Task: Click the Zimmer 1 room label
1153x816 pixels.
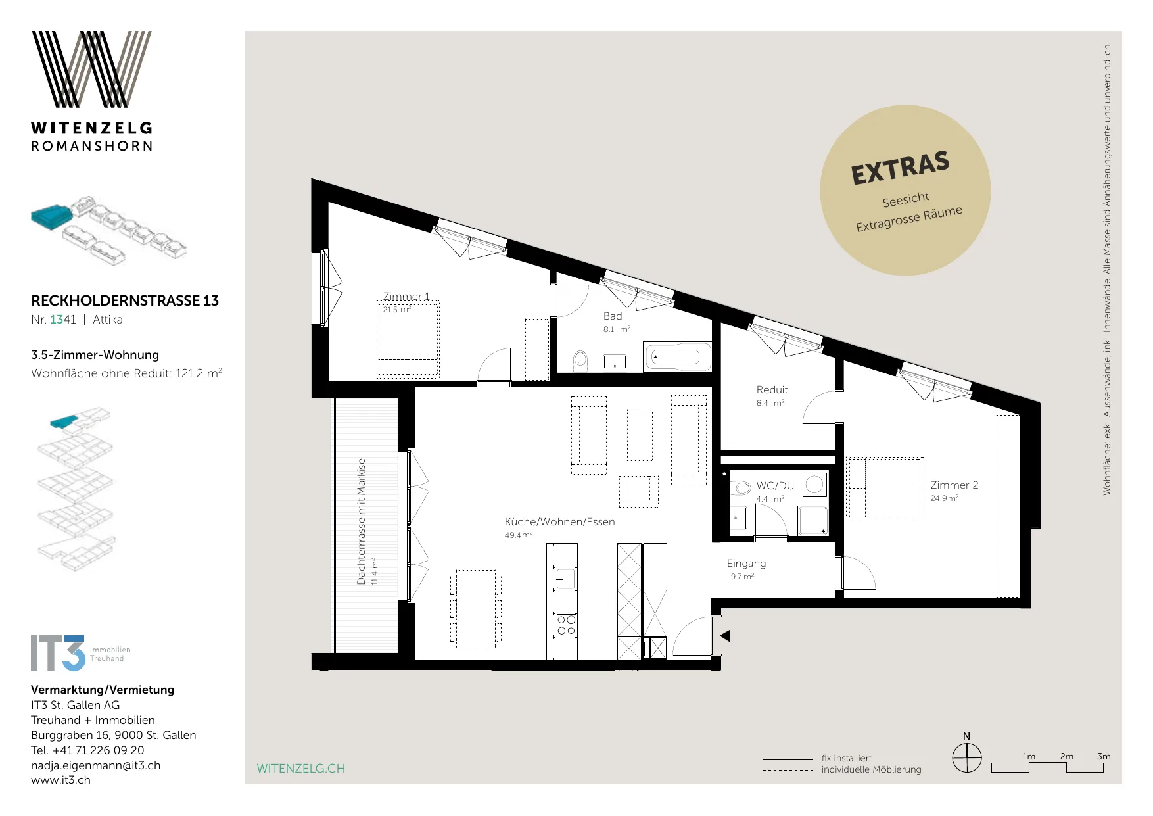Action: pos(406,297)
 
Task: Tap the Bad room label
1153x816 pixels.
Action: pos(613,316)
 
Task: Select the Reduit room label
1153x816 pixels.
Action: pos(772,390)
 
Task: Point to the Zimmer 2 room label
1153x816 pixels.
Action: pos(954,485)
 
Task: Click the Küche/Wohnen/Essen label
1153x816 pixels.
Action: pos(560,522)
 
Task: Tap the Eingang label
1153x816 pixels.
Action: pos(746,564)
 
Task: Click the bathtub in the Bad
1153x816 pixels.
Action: pos(677,357)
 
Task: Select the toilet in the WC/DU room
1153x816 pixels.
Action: pos(741,488)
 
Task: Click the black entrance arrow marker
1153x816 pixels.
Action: pos(725,636)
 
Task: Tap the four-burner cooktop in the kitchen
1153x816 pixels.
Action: pos(566,625)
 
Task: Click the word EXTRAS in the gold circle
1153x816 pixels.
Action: pos(900,168)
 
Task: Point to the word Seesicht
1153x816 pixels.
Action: pos(906,199)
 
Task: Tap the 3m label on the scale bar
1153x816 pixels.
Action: pos(1104,756)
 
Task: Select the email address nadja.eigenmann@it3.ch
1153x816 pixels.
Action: pos(96,765)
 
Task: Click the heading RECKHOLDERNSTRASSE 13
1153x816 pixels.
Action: pos(125,300)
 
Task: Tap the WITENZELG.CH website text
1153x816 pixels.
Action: pos(300,769)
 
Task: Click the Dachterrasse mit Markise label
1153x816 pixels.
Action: pos(361,521)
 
